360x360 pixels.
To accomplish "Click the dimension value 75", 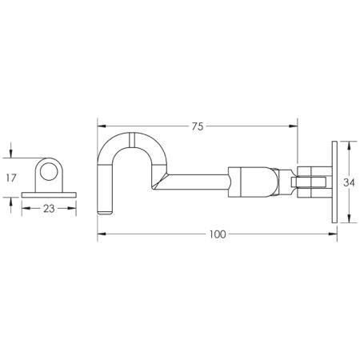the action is tap(198, 126).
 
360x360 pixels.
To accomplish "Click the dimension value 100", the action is tap(218, 234).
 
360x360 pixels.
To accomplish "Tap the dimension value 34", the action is tap(349, 182).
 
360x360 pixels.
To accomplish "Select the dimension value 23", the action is tap(49, 209).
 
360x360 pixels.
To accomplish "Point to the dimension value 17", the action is tap(11, 178).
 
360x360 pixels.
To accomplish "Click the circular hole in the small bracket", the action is tap(49, 172).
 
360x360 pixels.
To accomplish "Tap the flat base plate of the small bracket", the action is tap(49, 195).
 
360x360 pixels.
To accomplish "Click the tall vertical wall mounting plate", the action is tap(334, 182).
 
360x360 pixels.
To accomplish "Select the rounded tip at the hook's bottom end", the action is tap(105, 212).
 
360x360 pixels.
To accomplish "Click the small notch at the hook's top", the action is tap(132, 139).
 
